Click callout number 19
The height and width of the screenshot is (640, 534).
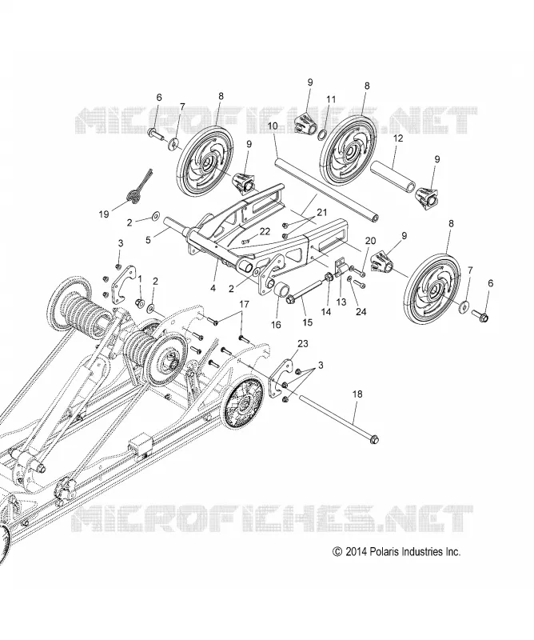click(x=104, y=214)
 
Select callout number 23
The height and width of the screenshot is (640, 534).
click(x=303, y=343)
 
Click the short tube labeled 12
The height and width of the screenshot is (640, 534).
click(x=393, y=176)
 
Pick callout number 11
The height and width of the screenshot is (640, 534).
click(x=330, y=98)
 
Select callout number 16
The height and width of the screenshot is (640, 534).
click(x=276, y=325)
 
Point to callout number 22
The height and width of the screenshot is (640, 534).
click(x=265, y=231)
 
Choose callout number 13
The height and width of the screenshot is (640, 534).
click(x=341, y=302)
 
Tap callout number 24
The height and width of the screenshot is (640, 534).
click(x=361, y=311)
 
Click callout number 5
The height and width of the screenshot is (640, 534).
click(x=148, y=239)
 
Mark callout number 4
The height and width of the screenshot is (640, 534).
click(x=213, y=288)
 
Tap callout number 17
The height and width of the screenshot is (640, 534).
click(x=244, y=304)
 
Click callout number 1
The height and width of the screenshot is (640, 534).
click(x=140, y=279)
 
